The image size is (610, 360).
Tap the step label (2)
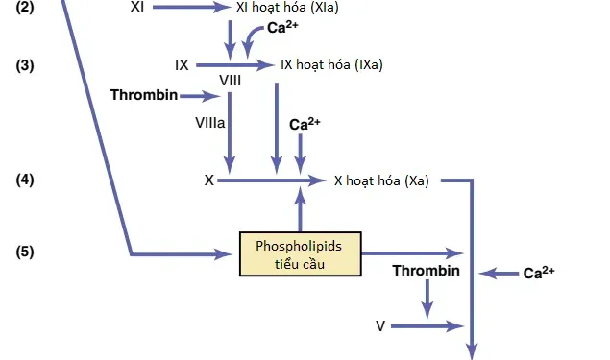25,7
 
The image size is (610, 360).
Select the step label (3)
25,65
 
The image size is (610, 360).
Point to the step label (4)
25,180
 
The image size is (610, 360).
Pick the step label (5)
25,252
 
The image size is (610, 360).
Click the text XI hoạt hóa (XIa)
286,7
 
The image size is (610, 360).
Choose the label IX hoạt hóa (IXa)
331,65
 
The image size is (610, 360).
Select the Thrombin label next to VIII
144,95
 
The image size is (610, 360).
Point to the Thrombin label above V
426,271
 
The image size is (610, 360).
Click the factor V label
380,326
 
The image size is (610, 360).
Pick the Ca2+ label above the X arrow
305,124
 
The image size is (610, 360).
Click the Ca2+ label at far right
539,273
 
